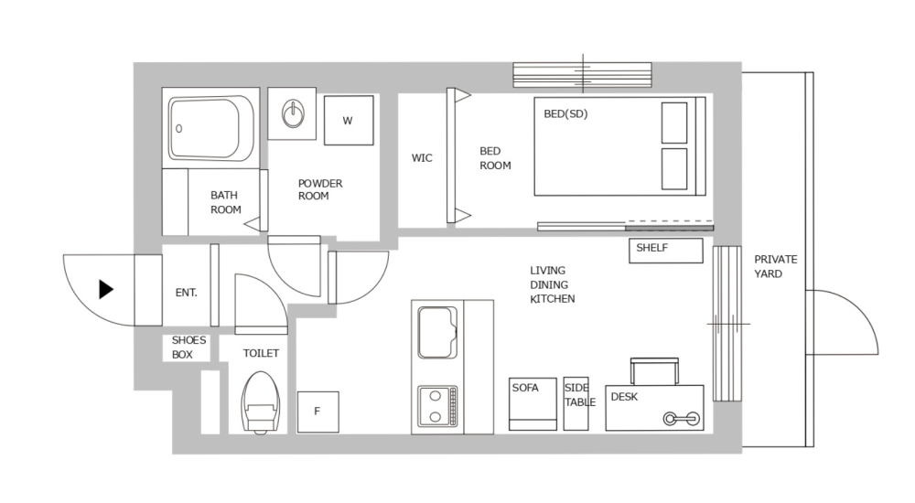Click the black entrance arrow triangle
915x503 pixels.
click(x=106, y=290)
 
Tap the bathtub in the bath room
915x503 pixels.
click(x=211, y=128)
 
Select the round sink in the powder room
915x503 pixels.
click(x=292, y=114)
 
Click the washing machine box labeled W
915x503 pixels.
click(x=349, y=120)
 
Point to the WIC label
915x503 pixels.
click(x=422, y=158)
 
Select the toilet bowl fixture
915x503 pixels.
click(x=260, y=401)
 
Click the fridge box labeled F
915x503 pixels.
click(x=318, y=412)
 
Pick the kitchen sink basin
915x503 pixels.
click(x=437, y=332)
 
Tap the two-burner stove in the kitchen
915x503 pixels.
click(x=437, y=406)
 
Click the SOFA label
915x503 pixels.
click(x=525, y=388)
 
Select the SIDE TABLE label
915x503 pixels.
click(x=579, y=395)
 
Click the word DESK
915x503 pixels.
click(x=624, y=397)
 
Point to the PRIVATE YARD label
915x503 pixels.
click(x=776, y=266)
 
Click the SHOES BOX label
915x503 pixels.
click(x=189, y=348)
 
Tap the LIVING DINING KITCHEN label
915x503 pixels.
click(x=553, y=284)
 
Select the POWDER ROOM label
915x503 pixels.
click(x=320, y=189)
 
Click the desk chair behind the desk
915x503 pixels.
click(x=654, y=370)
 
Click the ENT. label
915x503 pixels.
click(x=187, y=293)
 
